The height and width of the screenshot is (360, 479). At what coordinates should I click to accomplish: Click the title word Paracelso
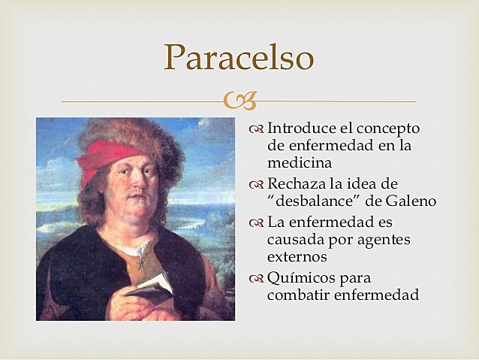click(239, 56)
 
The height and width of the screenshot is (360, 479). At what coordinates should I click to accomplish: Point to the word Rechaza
click(297, 183)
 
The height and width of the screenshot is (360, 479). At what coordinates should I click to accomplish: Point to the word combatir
click(300, 295)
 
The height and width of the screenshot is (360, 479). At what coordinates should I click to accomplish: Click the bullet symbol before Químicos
click(256, 279)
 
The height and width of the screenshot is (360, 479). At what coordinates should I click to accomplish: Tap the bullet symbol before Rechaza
click(256, 184)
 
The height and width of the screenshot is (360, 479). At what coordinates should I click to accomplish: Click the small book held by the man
click(149, 283)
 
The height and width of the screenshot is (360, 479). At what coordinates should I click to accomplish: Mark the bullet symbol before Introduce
click(256, 129)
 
